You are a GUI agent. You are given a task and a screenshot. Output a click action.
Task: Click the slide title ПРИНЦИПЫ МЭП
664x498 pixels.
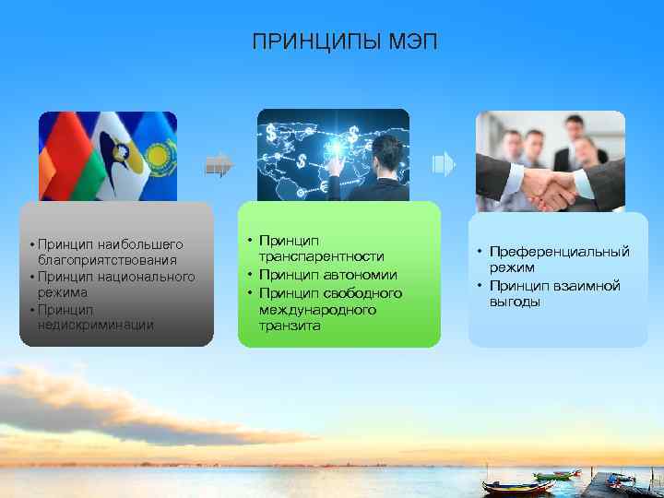pyautogui.click(x=332, y=42)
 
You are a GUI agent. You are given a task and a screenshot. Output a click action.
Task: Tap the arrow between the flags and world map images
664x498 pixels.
pyautogui.click(x=219, y=165)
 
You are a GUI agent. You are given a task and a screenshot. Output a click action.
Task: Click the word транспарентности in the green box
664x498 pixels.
pyautogui.click(x=321, y=256)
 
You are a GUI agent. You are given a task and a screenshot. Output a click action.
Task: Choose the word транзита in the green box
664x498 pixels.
pyautogui.click(x=289, y=326)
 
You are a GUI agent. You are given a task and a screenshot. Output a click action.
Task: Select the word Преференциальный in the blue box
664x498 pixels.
pyautogui.click(x=560, y=251)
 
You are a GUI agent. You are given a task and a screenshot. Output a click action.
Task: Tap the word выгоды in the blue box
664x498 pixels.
pyautogui.click(x=515, y=302)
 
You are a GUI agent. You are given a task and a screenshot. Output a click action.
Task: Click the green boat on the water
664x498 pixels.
pyautogui.click(x=553, y=476)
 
